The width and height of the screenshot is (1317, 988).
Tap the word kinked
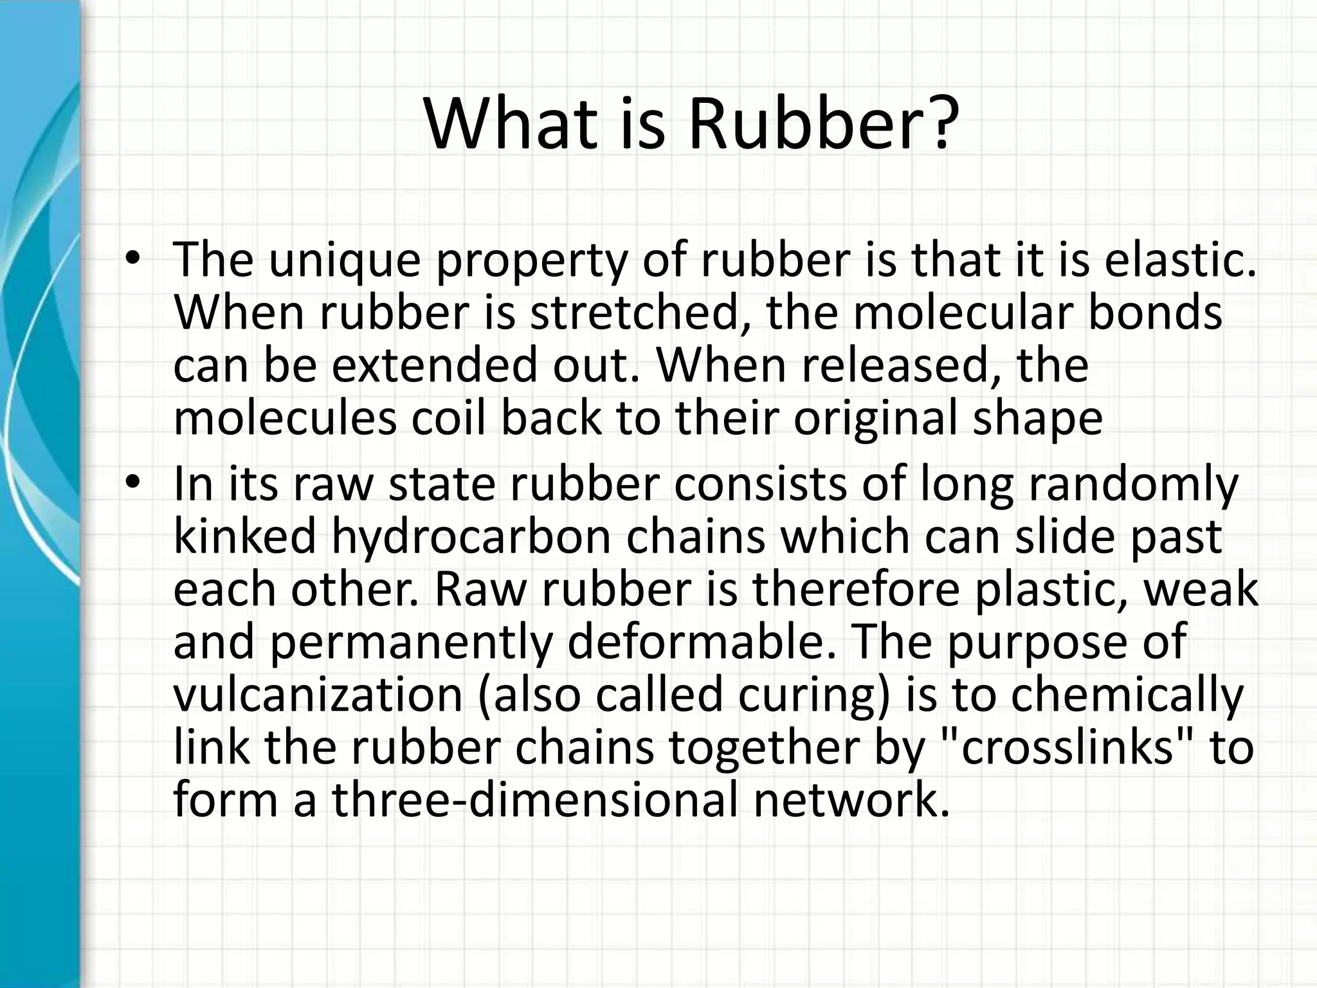[x=245, y=536]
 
